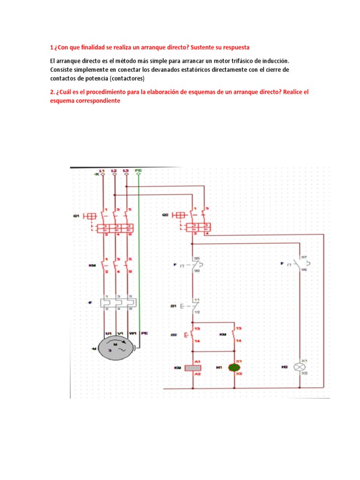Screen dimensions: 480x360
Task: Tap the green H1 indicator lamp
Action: coord(233,367)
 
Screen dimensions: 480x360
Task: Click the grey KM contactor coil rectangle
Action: coord(193,368)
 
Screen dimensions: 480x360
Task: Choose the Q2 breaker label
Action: coord(165,215)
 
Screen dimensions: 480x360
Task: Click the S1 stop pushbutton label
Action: coord(173,307)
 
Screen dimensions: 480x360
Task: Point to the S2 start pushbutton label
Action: coord(173,335)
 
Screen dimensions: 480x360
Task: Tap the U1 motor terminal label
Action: coord(108,333)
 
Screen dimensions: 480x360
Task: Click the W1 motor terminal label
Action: coord(133,333)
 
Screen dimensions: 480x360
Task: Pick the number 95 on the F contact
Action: coord(197,258)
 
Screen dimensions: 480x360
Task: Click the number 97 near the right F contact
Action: coord(304,257)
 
